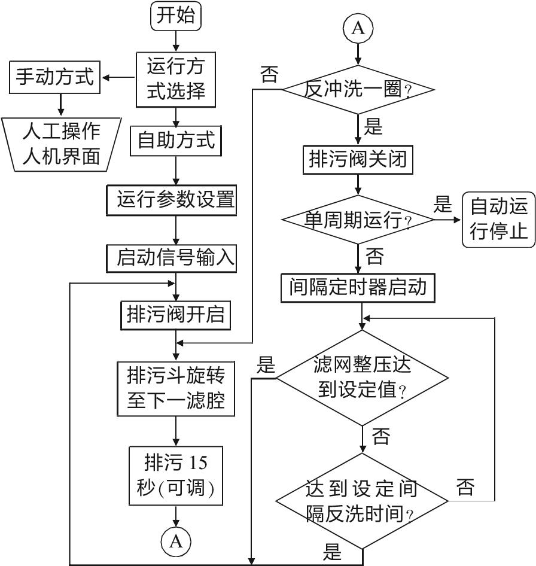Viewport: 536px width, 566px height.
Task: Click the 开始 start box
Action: [176, 16]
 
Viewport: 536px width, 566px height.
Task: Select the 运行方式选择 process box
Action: [176, 78]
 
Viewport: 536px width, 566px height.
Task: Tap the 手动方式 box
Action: [54, 77]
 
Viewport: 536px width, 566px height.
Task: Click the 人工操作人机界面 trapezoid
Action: [61, 144]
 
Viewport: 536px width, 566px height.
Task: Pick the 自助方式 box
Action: [176, 141]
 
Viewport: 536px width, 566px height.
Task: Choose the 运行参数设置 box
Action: [176, 199]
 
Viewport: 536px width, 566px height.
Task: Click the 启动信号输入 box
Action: [176, 258]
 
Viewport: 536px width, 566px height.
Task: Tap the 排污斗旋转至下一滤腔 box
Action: [176, 388]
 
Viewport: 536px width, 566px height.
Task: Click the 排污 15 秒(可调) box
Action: [176, 477]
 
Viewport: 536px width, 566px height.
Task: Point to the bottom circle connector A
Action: [176, 541]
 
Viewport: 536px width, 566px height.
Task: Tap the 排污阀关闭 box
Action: [358, 159]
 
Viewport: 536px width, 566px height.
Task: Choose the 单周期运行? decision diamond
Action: [358, 220]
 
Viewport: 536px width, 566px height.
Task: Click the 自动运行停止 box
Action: [499, 220]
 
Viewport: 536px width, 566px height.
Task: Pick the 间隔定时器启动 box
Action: [358, 288]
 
